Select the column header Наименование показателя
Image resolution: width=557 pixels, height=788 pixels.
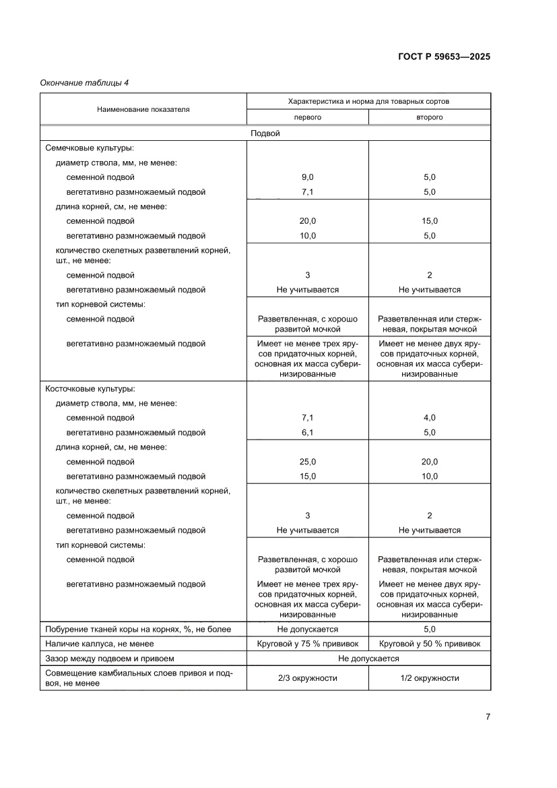143,109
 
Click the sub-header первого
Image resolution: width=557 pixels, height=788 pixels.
307,117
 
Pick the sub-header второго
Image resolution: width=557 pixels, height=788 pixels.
429,117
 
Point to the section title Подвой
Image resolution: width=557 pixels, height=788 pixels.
265,133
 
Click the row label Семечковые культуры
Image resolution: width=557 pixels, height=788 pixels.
89,148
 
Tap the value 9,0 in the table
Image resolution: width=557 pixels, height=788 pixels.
307,177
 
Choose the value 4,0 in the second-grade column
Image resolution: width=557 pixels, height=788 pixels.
429,418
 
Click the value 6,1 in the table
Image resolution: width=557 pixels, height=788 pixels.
307,433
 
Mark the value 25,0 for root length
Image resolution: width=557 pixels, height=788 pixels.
307,462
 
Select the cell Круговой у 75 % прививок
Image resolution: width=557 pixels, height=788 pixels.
307,644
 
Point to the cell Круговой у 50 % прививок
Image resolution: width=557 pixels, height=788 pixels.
429,644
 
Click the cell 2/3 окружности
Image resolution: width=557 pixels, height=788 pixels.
307,677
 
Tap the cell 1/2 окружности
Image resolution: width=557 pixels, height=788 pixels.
429,677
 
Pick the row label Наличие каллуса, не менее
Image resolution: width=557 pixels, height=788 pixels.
99,644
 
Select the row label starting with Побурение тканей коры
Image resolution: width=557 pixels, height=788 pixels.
138,629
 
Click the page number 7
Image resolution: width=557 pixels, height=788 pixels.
487,717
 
